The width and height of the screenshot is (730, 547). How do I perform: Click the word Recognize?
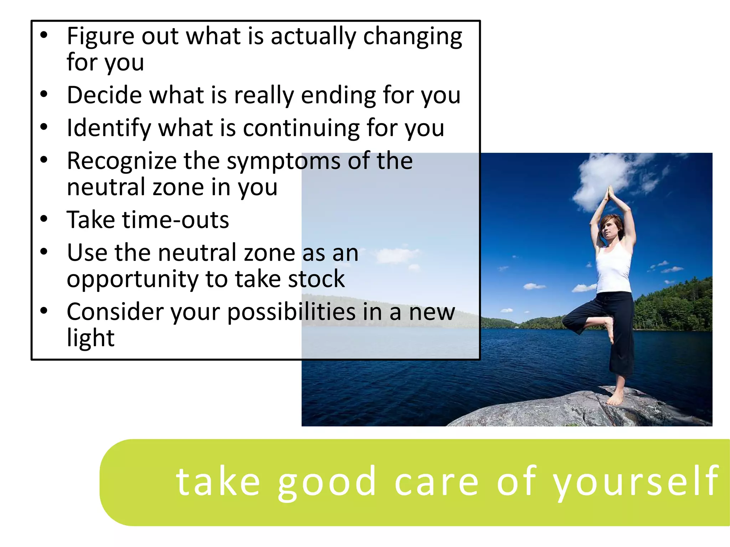coord(121,161)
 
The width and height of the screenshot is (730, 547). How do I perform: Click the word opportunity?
coord(132,279)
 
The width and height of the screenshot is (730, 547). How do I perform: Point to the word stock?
coord(317,278)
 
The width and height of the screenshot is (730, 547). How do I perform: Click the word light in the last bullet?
coord(91,338)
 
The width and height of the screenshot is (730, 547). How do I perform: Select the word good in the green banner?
coord(327,482)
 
